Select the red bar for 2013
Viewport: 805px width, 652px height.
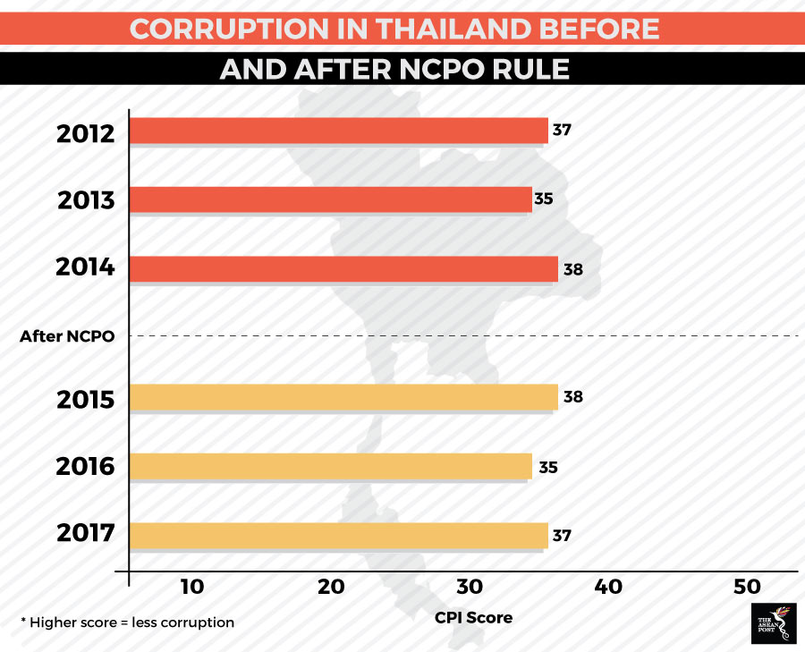coord(330,199)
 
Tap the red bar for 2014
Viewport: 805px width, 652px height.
coord(343,268)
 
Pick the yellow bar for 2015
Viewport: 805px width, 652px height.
coord(343,397)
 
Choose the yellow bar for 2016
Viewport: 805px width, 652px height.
coord(330,466)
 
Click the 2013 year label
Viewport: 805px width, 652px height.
coord(86,200)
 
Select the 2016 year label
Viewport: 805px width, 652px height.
coord(86,467)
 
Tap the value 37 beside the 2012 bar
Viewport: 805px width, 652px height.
coord(562,130)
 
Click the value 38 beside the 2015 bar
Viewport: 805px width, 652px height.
coord(573,396)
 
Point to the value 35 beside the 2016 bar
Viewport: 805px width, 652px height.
coord(548,467)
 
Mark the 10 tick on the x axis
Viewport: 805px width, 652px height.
coord(192,587)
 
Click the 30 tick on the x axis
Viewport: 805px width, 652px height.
coord(470,587)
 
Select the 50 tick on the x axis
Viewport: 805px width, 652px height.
coord(747,587)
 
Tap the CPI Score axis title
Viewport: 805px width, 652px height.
coord(473,617)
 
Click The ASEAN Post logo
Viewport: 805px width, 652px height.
coord(772,623)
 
